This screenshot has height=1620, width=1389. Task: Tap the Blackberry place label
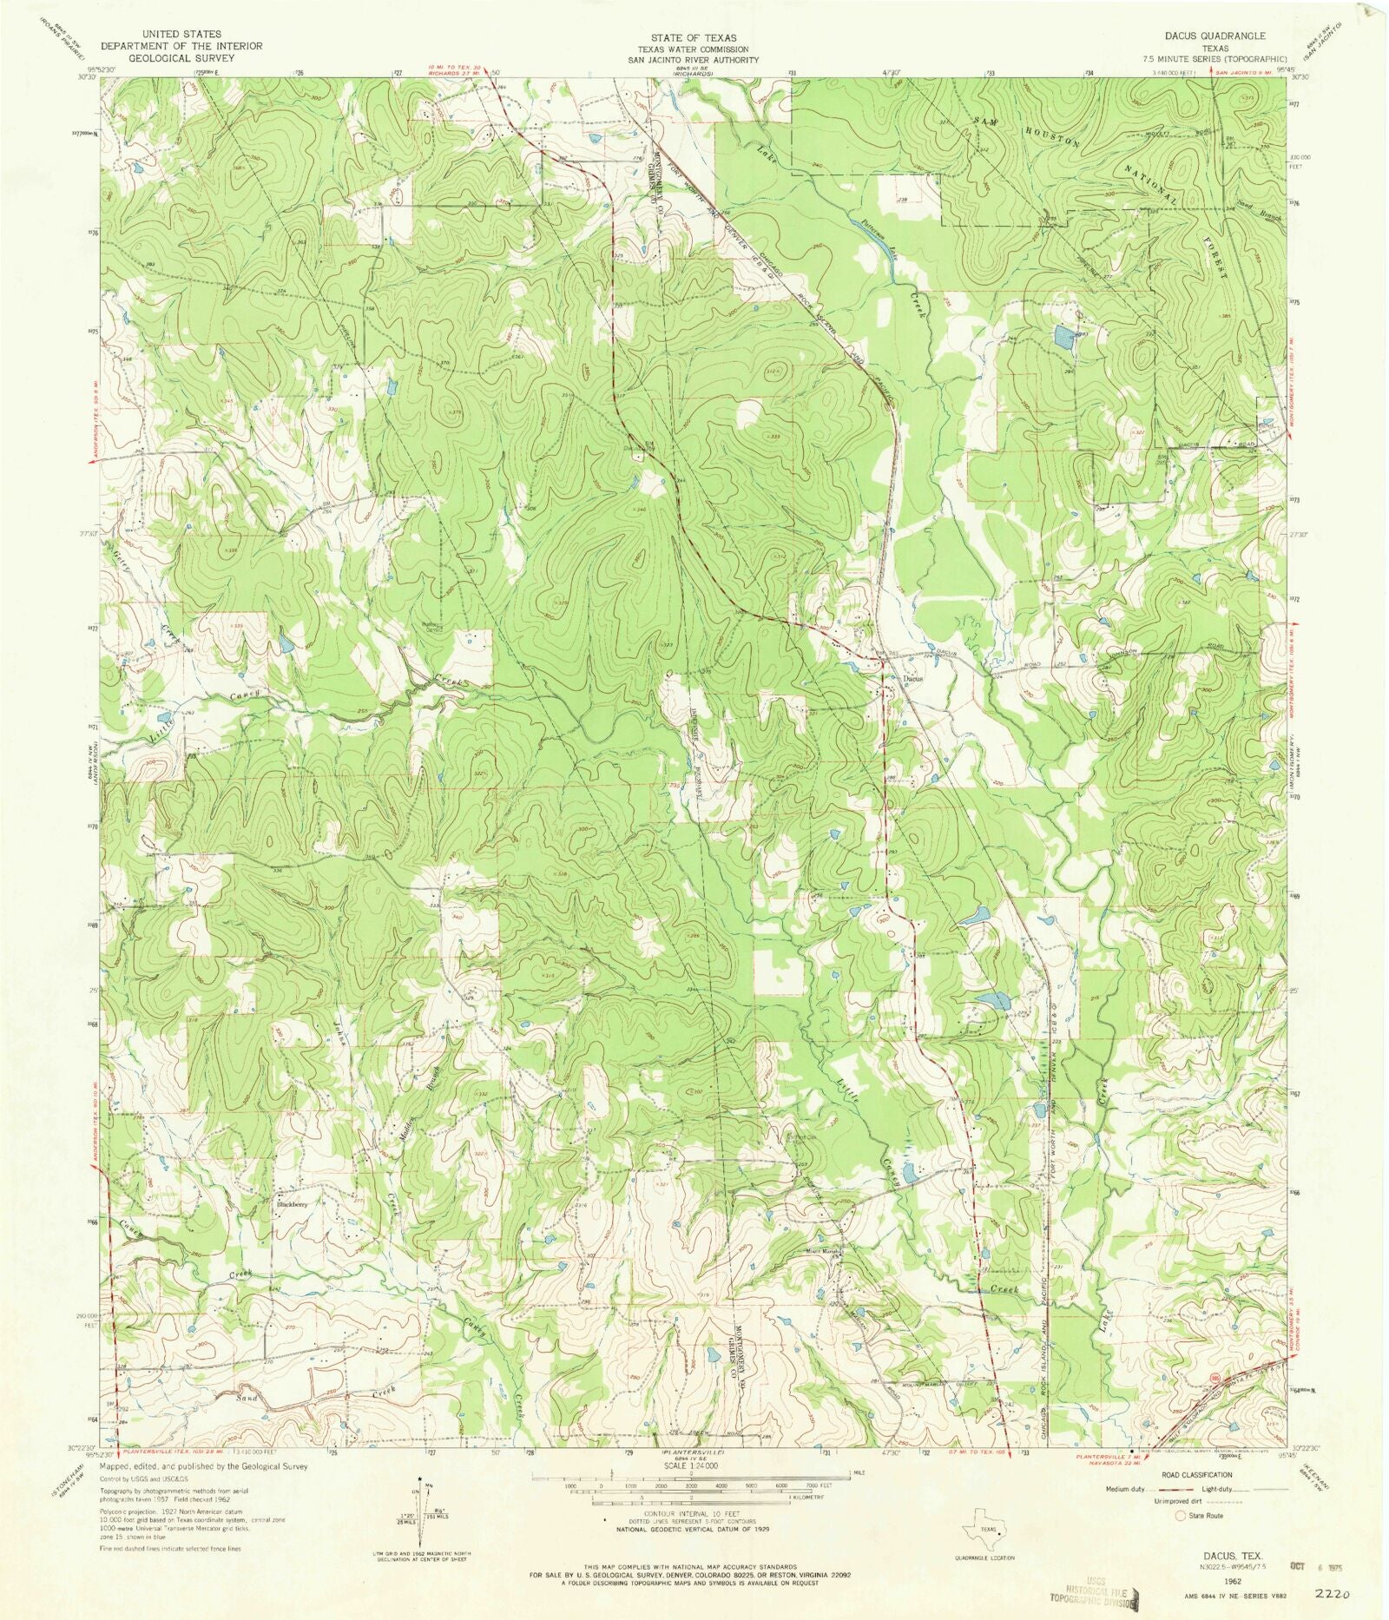point(293,1204)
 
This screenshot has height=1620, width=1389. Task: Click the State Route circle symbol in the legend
point(1180,1516)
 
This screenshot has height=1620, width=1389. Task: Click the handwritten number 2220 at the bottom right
point(1332,1595)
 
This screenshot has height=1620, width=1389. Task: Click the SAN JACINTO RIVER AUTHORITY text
point(694,60)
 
